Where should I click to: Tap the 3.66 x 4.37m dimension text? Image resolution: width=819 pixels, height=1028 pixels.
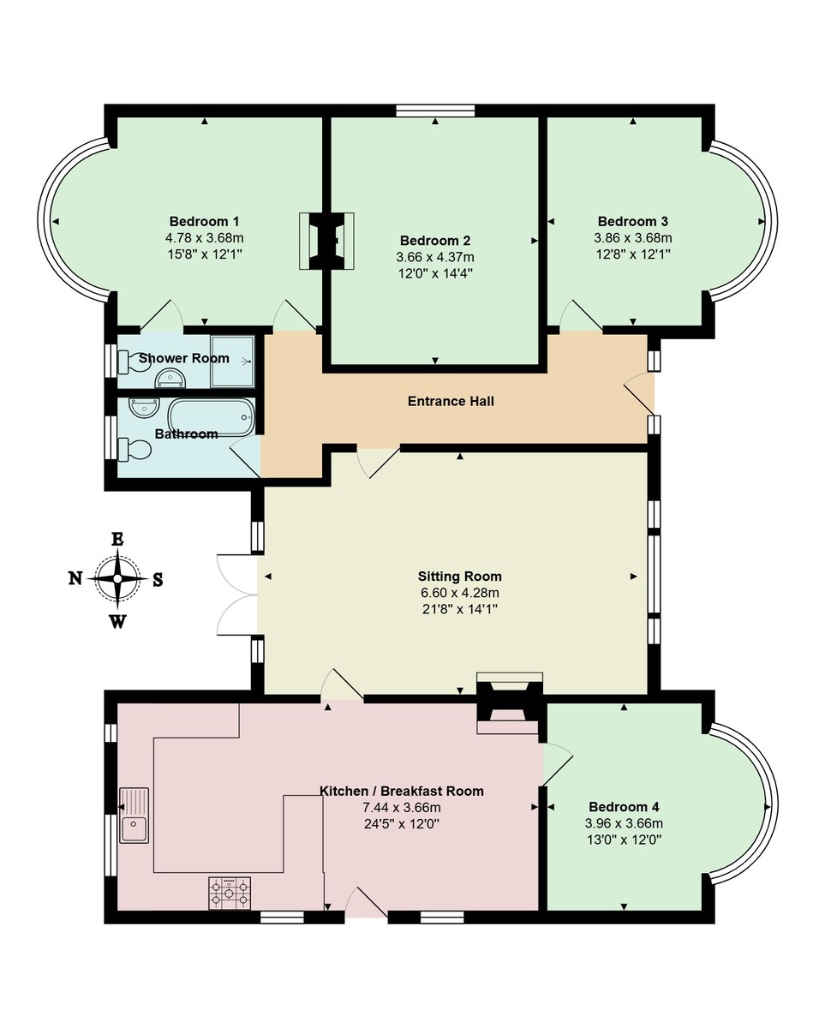click(x=434, y=257)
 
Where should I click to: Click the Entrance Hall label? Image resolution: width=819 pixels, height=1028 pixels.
click(x=451, y=401)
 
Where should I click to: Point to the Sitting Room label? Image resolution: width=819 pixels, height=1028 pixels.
click(x=459, y=576)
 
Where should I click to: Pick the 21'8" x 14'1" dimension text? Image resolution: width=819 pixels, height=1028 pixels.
click(x=459, y=608)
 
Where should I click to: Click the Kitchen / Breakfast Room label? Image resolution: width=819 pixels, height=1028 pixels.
click(x=401, y=791)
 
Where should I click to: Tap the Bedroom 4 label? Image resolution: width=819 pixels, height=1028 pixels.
click(x=623, y=807)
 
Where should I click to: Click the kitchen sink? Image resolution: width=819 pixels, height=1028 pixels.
click(x=134, y=816)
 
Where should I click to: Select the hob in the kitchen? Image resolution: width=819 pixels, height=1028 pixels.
click(x=230, y=894)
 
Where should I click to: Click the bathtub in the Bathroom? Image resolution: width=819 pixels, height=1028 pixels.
click(x=211, y=416)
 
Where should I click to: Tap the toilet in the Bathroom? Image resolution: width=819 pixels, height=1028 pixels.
click(x=134, y=448)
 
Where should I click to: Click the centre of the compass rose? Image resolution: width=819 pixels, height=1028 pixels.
click(x=117, y=579)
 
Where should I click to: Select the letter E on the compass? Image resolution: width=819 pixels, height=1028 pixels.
click(x=117, y=539)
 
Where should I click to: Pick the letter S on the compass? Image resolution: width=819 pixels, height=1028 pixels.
click(x=158, y=580)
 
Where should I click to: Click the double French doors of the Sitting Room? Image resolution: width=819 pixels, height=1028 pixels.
click(x=237, y=595)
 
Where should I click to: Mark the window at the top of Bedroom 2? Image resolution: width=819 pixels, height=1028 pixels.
click(x=435, y=110)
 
